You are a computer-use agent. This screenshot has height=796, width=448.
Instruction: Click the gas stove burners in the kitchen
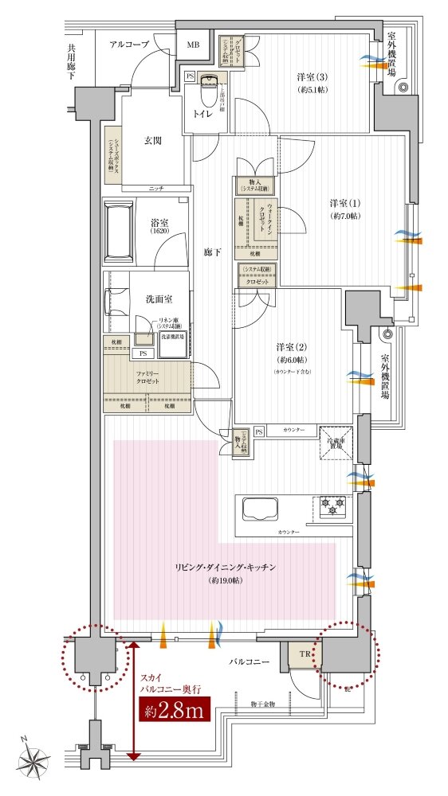[x=332, y=505]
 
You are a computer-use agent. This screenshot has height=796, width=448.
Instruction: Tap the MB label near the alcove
[x=193, y=45]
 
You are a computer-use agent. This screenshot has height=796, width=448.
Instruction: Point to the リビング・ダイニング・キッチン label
[x=226, y=567]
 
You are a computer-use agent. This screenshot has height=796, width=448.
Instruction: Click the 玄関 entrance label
[x=153, y=141]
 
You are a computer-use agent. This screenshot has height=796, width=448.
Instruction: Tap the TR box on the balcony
[x=304, y=654]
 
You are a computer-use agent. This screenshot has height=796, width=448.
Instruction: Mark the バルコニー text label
[x=253, y=661]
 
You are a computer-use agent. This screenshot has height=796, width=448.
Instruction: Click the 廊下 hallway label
[x=211, y=252]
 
